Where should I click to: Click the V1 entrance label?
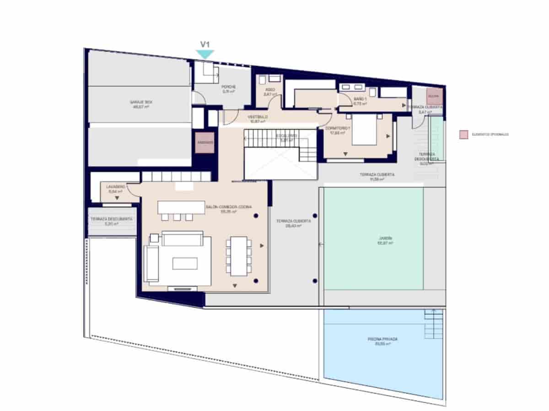click(x=205, y=44)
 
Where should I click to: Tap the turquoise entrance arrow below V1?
click(x=205, y=54)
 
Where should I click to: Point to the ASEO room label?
click(x=270, y=90)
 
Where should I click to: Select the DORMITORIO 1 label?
click(x=338, y=128)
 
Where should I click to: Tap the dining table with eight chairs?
click(x=238, y=256)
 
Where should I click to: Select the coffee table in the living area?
click(x=184, y=263)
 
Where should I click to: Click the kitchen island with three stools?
click(x=181, y=207)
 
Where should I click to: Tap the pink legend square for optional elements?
click(x=464, y=135)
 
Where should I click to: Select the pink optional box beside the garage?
click(x=205, y=142)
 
